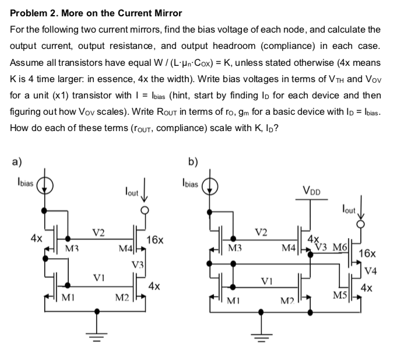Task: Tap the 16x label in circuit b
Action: click(370, 253)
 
